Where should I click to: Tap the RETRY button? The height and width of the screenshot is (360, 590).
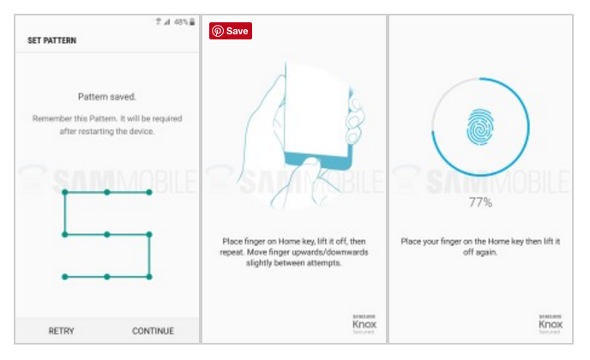point(62,331)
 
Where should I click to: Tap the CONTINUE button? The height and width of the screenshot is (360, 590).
point(153,331)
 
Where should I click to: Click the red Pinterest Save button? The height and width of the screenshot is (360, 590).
point(231,31)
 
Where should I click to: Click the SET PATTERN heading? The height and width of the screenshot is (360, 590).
point(52,40)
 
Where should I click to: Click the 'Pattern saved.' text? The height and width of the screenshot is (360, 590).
point(107,97)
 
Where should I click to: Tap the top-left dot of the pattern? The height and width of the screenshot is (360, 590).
point(65,192)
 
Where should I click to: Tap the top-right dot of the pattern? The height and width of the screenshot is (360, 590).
point(149,192)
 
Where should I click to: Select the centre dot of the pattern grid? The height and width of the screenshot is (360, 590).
point(107,235)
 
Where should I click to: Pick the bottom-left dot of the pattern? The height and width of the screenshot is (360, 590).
point(65,277)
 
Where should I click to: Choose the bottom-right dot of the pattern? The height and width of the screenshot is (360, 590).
point(149,277)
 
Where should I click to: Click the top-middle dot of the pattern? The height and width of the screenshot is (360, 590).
point(107,192)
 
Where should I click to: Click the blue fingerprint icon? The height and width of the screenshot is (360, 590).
point(480,127)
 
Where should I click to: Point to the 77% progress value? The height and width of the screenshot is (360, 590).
point(480,203)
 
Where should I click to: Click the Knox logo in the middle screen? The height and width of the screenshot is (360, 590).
point(364,324)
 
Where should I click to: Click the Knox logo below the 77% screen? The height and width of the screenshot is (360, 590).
point(551,324)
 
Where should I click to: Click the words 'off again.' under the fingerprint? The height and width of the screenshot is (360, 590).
point(480,252)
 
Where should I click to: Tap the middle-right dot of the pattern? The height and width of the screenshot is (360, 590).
point(149,235)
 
